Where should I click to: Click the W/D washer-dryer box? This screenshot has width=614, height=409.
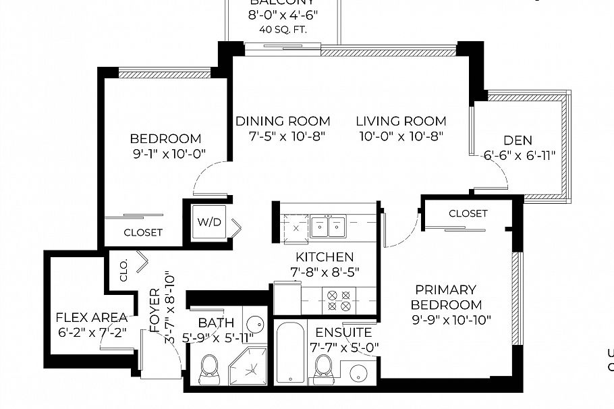click(205, 222)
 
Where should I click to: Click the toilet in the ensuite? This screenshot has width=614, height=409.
click(324, 367)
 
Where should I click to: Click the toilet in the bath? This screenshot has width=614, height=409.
click(209, 367)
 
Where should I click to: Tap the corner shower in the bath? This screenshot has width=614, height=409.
click(251, 369)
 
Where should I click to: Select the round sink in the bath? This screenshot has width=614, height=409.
click(254, 323)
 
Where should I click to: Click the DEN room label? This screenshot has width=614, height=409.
click(518, 140)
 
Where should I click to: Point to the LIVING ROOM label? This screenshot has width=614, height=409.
click(401, 121)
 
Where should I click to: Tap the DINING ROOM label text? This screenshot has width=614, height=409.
click(283, 121)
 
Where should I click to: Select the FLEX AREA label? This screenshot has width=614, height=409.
click(91, 317)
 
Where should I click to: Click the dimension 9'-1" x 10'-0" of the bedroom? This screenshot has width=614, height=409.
click(169, 154)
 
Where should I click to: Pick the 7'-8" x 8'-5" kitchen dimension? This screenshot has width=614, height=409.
click(324, 272)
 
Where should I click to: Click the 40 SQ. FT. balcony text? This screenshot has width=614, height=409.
click(283, 29)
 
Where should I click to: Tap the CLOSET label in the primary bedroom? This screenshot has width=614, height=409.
click(468, 213)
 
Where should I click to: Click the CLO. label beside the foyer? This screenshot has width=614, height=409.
click(124, 270)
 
